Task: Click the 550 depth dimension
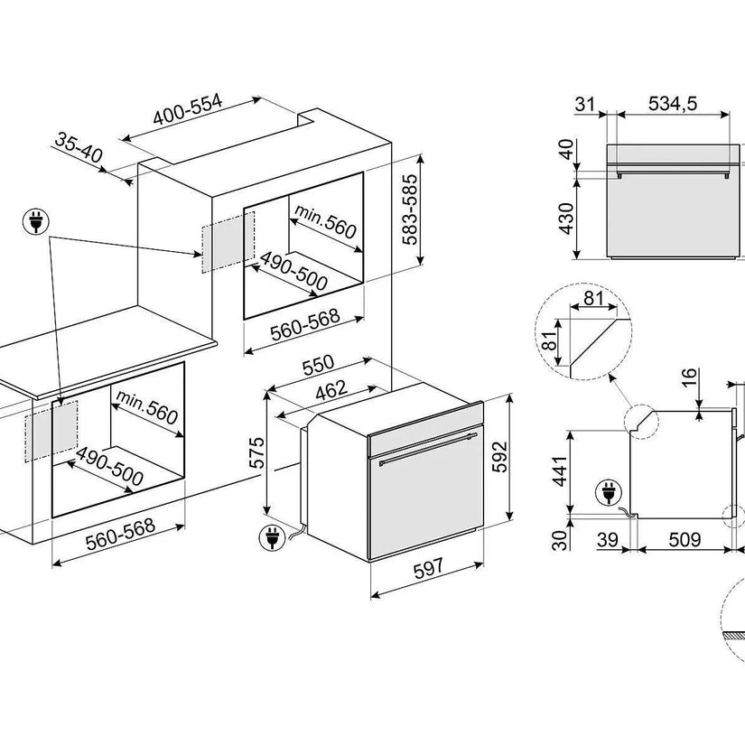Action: pyautogui.click(x=318, y=365)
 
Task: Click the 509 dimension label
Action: pyautogui.click(x=684, y=540)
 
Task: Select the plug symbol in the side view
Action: pyautogui.click(x=607, y=493)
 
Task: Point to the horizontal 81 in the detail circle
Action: pyautogui.click(x=594, y=299)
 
